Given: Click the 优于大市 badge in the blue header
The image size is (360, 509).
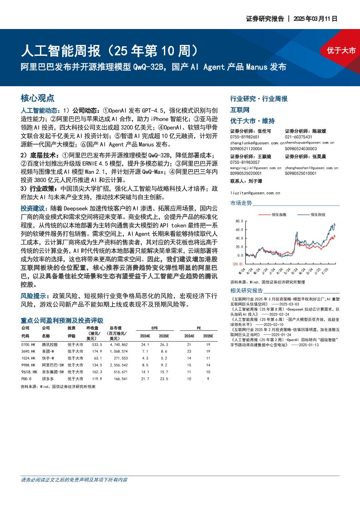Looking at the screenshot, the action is (341, 51).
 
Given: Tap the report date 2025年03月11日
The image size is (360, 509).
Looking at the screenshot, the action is (316, 19).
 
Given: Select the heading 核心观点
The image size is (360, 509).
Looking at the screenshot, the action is (38, 98).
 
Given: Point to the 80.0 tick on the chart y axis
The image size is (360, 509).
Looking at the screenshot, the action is (240, 221).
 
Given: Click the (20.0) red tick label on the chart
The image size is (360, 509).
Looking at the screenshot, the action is (238, 264).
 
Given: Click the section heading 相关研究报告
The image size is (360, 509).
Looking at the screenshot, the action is (247, 290).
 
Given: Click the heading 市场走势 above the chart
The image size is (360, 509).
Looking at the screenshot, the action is (241, 203).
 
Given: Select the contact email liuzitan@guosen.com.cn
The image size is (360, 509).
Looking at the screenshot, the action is (255, 193).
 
